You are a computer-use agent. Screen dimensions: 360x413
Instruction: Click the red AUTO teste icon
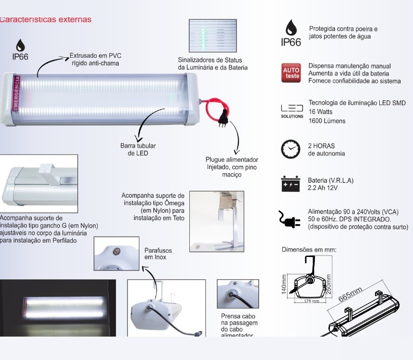[x=291, y=73]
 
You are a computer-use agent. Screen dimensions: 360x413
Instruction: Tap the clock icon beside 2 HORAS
[x=291, y=149]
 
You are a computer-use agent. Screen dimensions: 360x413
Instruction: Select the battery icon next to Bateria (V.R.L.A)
[x=291, y=184]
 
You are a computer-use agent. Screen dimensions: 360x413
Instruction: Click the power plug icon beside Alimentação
[x=290, y=219]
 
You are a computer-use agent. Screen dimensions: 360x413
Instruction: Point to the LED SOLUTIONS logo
[x=291, y=111]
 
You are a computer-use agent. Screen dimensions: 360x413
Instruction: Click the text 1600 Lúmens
[x=327, y=121]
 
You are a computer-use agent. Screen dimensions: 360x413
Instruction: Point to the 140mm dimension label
[x=285, y=284]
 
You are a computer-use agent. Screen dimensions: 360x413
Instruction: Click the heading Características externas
[x=46, y=20]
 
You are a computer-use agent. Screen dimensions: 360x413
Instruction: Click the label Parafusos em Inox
[x=158, y=254]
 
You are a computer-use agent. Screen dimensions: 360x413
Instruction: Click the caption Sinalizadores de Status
[x=213, y=63]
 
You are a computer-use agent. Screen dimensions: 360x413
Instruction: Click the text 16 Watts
[x=321, y=112]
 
